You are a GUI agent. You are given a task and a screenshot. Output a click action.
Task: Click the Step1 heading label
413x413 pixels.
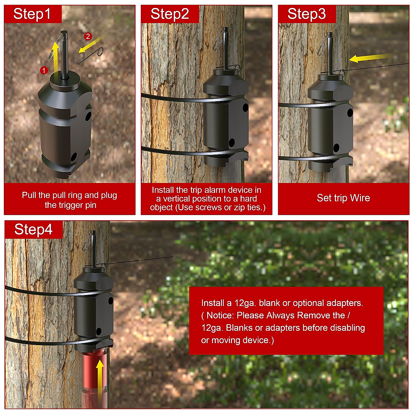pos(32,14)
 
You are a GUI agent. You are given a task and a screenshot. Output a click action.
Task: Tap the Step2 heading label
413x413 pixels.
pos(170,14)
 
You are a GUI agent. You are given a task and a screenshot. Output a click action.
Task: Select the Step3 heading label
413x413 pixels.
pos(306,14)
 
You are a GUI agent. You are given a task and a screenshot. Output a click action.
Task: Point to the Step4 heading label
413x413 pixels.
pos(33,230)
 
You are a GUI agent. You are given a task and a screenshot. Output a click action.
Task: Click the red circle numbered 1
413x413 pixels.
pos(44,70)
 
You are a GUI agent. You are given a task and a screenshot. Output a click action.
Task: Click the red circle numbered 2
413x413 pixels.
pos(88,36)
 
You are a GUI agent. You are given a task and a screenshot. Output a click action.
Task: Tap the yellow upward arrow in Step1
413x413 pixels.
pos(54,55)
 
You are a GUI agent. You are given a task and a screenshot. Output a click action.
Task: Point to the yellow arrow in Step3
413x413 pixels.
pos(368,58)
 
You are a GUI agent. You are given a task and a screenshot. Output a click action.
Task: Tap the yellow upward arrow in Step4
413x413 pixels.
pos(100,379)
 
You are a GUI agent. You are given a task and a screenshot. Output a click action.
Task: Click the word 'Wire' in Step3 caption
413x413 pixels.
pos(360,198)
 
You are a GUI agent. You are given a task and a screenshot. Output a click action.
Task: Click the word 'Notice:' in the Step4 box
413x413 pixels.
pos(220,315)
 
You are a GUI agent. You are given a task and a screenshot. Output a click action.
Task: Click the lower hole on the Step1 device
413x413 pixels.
pos(73,157)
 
